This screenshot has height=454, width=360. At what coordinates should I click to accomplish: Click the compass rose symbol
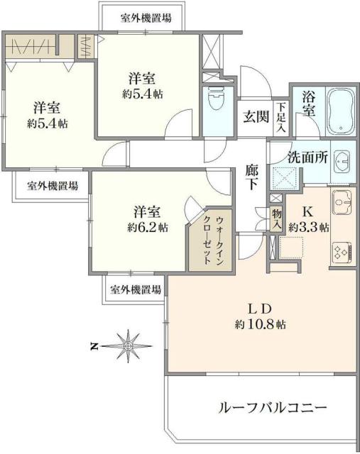point(128,346)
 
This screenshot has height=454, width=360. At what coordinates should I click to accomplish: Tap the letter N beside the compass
point(94,347)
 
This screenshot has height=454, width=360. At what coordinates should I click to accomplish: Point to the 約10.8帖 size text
point(261,324)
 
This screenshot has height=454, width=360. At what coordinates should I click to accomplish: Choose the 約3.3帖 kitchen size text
point(309,228)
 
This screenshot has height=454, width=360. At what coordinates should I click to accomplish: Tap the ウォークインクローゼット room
point(204,239)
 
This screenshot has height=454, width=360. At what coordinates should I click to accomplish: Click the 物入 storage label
point(276,218)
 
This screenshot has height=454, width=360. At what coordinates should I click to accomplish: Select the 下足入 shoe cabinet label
point(281,117)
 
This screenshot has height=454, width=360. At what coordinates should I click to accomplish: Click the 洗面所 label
point(307,157)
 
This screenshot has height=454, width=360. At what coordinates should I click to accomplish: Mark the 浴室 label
point(307,106)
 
